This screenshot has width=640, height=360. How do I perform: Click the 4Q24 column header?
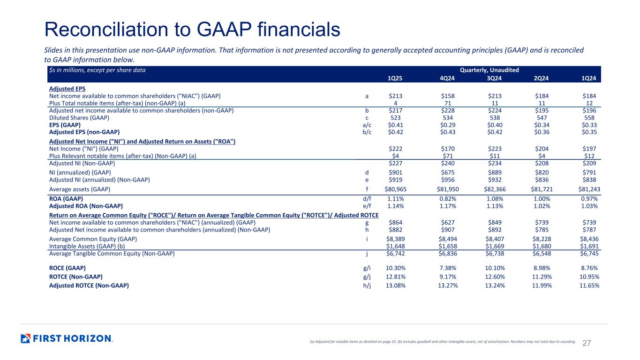click(x=443, y=78)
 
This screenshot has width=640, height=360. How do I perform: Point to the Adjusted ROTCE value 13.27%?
click(x=443, y=285)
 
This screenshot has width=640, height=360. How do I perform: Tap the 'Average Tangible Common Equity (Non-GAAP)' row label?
click(x=112, y=254)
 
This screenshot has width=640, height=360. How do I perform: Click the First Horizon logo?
click(x=67, y=338)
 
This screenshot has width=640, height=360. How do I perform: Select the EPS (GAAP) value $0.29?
click(x=443, y=125)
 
